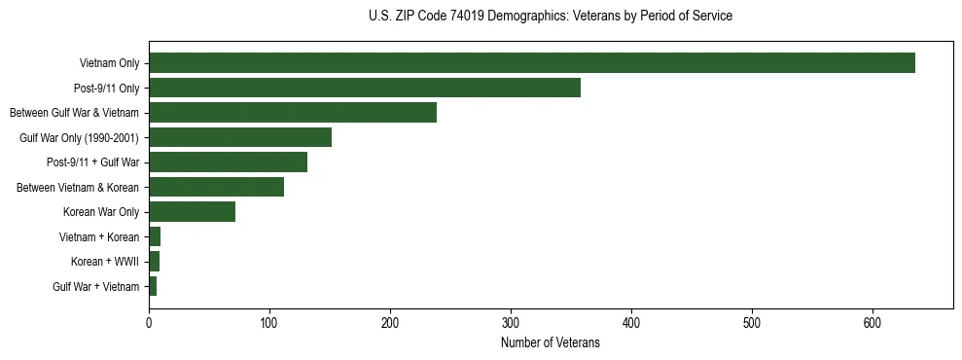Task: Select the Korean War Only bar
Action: pyautogui.click(x=192, y=212)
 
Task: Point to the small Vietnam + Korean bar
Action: pyautogui.click(x=155, y=236)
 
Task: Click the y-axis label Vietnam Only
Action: pyautogui.click(x=109, y=64)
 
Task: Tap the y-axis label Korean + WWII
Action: pyautogui.click(x=105, y=262)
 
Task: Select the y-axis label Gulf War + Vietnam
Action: pyautogui.click(x=96, y=287)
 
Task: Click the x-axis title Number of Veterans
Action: pyautogui.click(x=550, y=343)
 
